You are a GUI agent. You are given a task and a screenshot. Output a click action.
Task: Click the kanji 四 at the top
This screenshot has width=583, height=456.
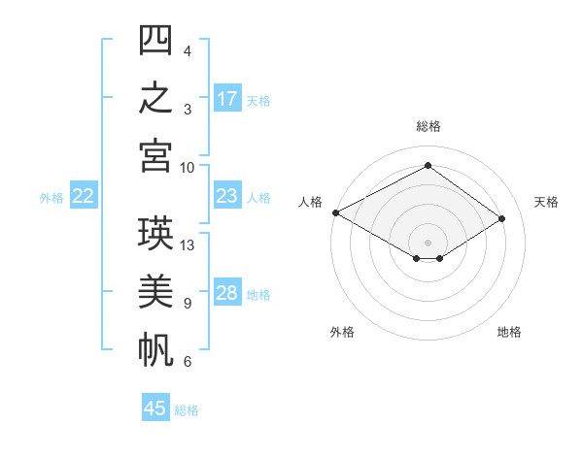[x=155, y=40]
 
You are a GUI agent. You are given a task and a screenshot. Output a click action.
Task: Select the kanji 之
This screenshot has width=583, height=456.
[x=155, y=97]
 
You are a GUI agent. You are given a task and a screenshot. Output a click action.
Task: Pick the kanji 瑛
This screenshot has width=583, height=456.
[x=155, y=233]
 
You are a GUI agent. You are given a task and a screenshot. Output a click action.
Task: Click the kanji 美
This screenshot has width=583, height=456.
[x=155, y=291]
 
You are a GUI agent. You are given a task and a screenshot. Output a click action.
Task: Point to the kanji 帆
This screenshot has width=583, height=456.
[x=155, y=349]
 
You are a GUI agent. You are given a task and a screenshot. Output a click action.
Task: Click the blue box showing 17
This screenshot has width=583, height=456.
[x=227, y=98]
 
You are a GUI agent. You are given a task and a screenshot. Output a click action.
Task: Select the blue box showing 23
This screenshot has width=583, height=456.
[x=227, y=195]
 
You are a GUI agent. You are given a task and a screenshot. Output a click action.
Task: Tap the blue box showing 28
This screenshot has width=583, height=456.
[x=227, y=291]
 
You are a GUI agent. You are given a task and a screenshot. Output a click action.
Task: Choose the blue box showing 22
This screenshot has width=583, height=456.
[x=84, y=195]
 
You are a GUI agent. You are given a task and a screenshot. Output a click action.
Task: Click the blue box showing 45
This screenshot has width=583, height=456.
[x=155, y=407]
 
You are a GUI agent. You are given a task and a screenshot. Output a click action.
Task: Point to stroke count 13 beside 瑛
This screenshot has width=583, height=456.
[x=187, y=245]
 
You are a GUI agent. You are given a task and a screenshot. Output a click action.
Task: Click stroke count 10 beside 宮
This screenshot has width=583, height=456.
[x=187, y=168]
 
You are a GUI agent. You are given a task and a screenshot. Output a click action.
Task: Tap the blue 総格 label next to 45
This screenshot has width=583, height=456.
[x=187, y=410]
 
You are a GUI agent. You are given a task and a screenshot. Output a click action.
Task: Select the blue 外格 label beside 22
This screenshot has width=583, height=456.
[x=51, y=198]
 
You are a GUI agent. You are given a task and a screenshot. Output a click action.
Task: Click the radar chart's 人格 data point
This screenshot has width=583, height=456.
[x=336, y=212]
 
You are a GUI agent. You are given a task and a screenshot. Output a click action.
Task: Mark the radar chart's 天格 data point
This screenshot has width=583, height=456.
[x=501, y=218]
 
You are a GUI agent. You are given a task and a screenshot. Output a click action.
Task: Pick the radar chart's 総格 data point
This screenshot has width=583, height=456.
[x=428, y=165]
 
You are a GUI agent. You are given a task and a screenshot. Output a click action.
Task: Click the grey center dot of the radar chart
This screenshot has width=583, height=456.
[x=428, y=243]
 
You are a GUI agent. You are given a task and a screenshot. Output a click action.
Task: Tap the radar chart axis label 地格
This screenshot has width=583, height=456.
[x=509, y=332]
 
